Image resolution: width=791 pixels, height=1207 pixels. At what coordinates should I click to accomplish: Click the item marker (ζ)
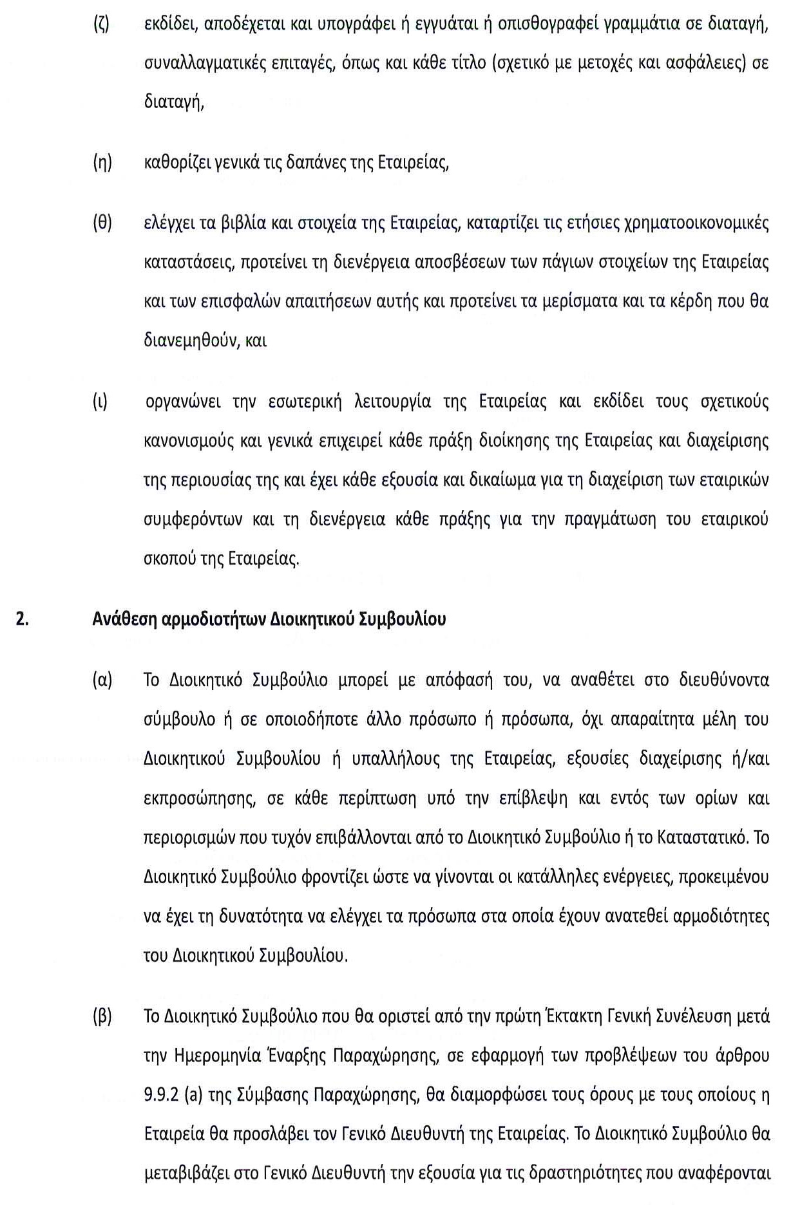point(102,26)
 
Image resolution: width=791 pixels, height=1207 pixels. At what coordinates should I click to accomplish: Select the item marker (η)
point(102,162)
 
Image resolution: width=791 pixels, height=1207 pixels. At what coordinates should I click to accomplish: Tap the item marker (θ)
point(102,223)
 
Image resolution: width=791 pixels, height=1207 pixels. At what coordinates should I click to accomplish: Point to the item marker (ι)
point(100,402)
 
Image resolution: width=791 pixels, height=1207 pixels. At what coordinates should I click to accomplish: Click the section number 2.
point(22,620)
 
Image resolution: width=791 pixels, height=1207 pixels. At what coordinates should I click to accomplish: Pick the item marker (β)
point(102,1017)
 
